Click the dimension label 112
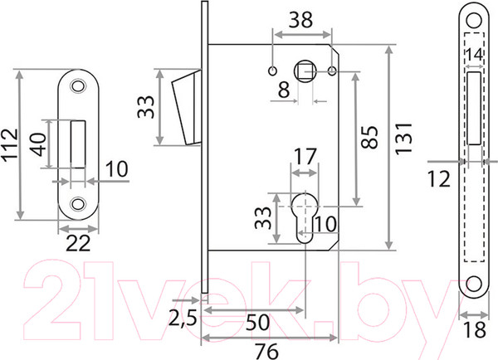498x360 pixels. [x=10, y=145]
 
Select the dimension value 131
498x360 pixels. [x=403, y=138]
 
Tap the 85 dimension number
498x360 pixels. [x=370, y=137]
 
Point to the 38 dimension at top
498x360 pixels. [x=300, y=20]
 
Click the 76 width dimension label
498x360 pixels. [x=266, y=352]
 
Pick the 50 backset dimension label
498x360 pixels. [x=257, y=322]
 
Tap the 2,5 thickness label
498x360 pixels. [x=183, y=318]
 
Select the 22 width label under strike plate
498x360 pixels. [x=78, y=244]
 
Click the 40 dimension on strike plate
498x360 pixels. [x=40, y=144]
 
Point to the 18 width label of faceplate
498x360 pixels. [x=474, y=329]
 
